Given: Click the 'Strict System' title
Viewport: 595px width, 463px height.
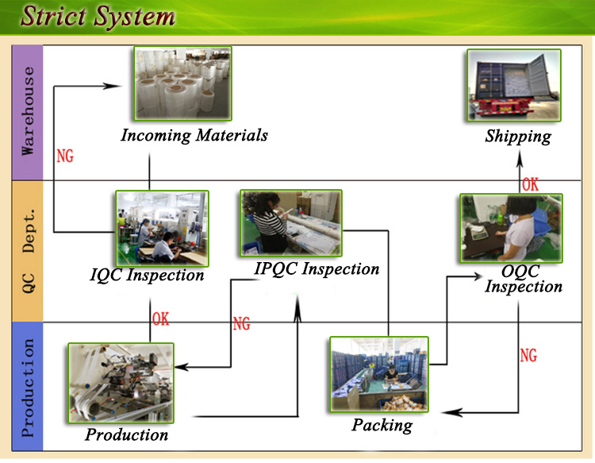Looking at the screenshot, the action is (98, 17).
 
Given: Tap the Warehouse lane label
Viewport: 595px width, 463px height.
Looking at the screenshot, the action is (27, 111).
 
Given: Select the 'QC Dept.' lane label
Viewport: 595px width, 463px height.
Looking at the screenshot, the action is (28, 251).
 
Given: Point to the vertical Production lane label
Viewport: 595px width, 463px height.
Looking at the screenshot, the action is (27, 388).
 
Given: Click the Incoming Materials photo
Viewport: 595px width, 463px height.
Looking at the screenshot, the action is (182, 83).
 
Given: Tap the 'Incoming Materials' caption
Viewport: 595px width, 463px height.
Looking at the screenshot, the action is (194, 136).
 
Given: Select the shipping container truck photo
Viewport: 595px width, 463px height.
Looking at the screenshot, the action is (514, 86).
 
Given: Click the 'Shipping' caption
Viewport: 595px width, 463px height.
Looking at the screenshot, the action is (518, 137).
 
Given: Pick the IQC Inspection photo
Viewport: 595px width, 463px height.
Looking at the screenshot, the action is (162, 228).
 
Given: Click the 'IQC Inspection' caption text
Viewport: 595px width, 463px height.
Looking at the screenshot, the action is (147, 275).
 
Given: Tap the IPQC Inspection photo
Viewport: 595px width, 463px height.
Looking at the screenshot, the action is (291, 223).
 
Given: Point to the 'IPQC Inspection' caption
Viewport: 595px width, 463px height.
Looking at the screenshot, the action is (317, 269).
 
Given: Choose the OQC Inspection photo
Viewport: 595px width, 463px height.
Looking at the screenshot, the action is (511, 228).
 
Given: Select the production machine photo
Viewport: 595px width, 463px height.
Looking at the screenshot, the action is (121, 384).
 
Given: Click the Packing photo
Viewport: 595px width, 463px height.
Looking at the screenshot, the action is (379, 374).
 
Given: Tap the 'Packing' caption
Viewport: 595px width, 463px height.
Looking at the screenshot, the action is (382, 426).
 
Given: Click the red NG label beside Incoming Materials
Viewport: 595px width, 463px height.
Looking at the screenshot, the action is (65, 156).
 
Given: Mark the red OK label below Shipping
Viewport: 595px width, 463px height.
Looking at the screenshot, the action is (530, 184).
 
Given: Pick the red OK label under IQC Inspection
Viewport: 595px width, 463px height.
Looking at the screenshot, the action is (160, 319).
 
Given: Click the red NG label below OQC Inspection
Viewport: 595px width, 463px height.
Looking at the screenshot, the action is (528, 356).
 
